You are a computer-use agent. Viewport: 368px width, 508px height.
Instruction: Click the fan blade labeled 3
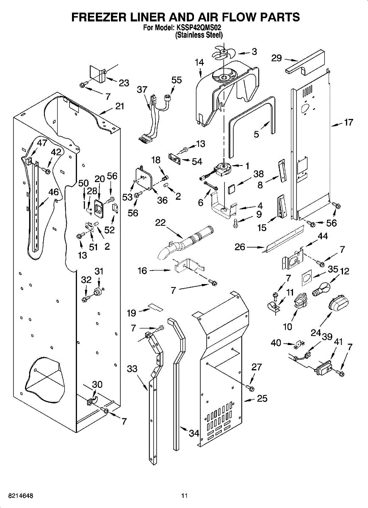[x=223, y=54]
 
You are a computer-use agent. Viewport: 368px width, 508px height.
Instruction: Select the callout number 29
[x=277, y=58]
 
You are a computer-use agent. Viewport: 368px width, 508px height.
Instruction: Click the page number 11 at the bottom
[x=184, y=495]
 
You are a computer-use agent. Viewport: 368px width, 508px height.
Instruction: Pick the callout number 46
[x=53, y=192]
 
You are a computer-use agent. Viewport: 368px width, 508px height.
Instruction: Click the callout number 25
[x=262, y=398]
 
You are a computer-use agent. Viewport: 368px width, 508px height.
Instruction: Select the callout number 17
[x=348, y=123]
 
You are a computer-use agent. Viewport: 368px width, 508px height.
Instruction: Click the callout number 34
[x=194, y=433]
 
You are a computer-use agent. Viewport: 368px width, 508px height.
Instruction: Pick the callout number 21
[x=120, y=106]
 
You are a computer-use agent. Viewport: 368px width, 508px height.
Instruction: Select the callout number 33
[x=133, y=369]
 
